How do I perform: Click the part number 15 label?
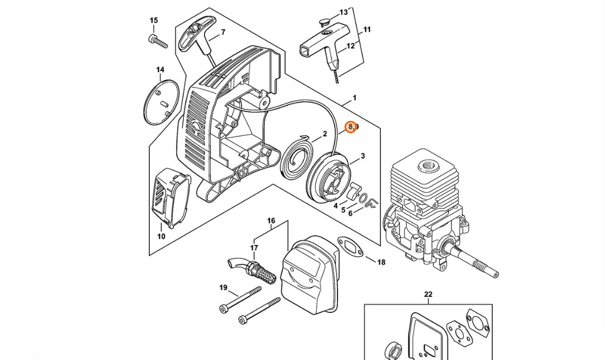pyautogui.click(x=154, y=21)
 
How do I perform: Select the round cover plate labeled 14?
pyautogui.click(x=161, y=102)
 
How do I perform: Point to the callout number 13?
pyautogui.click(x=344, y=12)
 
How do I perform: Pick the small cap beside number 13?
pyautogui.click(x=325, y=23)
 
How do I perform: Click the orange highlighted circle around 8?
pyautogui.click(x=351, y=127)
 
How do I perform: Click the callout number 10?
pyautogui.click(x=161, y=236)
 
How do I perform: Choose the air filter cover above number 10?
pyautogui.click(x=171, y=198)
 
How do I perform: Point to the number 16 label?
pyautogui.click(x=271, y=221)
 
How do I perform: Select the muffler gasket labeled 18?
pyautogui.click(x=350, y=247)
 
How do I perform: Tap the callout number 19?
pyautogui.click(x=223, y=288)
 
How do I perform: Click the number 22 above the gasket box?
pyautogui.click(x=428, y=294)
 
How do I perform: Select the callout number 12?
pyautogui.click(x=350, y=46)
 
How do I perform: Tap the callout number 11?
pyautogui.click(x=367, y=30)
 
